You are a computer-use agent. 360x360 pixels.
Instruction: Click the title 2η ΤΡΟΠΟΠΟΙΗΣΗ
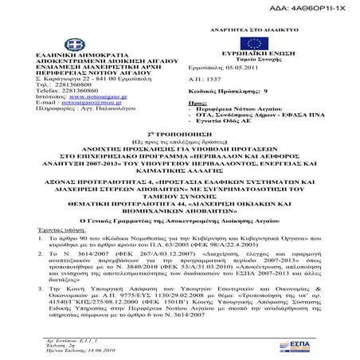coord(180,152)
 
